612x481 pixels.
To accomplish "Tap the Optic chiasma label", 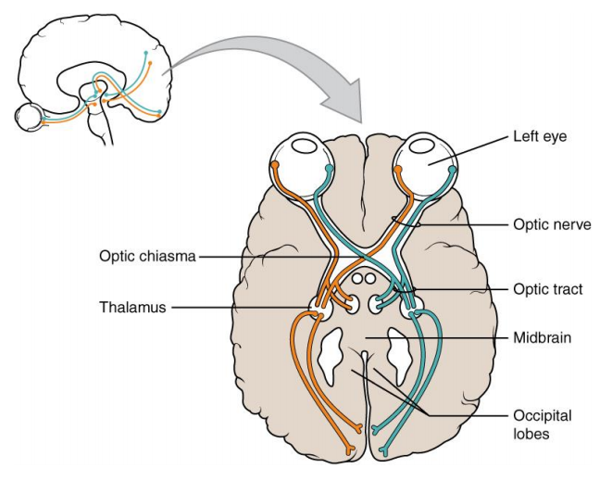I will point(147,256).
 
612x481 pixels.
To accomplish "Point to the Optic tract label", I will point(547,289).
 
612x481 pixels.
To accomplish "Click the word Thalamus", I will point(132,307).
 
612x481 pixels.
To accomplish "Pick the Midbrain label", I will point(543,338).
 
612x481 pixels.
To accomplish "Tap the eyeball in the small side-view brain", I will point(31,118).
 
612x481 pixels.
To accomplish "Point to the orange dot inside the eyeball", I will point(275,165).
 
